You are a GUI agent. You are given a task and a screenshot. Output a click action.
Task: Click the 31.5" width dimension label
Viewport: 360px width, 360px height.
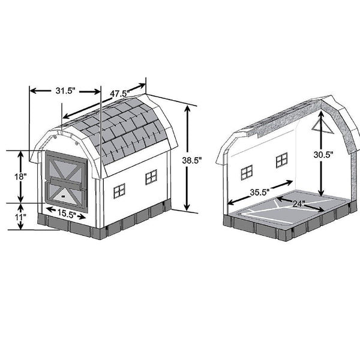click(x=64, y=91)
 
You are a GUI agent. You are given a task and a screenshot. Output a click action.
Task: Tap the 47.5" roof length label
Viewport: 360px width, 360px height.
click(x=121, y=94)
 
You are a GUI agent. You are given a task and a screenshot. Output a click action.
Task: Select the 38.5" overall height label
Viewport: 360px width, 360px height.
click(x=193, y=161)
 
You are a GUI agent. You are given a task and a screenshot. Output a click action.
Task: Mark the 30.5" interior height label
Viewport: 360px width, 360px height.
click(x=324, y=154)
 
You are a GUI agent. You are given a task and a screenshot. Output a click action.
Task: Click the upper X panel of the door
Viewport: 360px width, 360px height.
click(x=67, y=166)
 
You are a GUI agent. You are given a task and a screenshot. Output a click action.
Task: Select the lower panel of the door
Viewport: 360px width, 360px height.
click(x=66, y=191)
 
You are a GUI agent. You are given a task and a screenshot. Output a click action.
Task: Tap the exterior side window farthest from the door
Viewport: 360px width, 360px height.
click(x=151, y=176)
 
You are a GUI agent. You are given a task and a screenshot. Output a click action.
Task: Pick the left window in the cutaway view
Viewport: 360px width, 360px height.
click(x=247, y=173)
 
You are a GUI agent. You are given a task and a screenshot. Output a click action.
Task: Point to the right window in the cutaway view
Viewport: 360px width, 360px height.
click(x=281, y=160)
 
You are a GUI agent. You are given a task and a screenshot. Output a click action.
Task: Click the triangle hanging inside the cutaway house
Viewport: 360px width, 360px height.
click(x=319, y=124)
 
